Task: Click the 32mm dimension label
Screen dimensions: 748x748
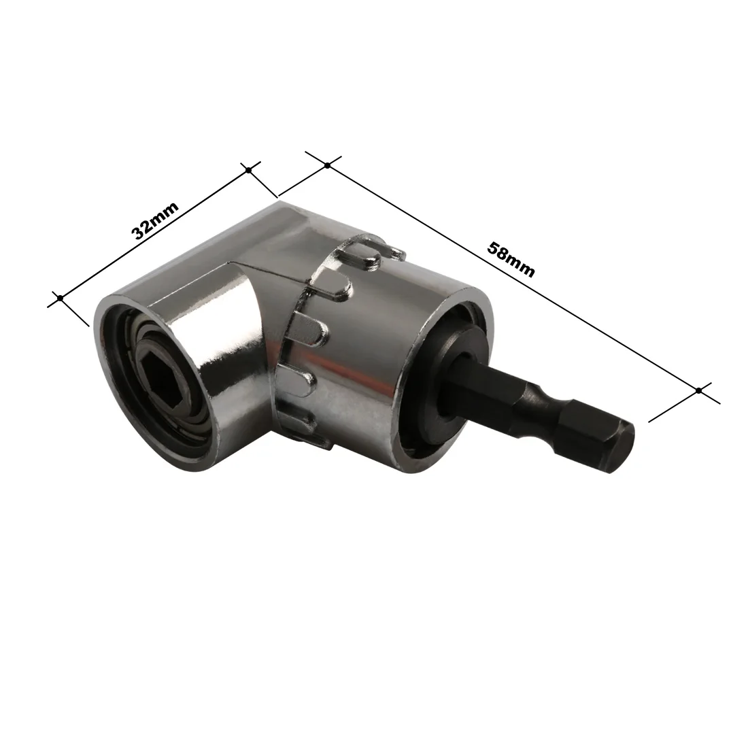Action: (x=154, y=220)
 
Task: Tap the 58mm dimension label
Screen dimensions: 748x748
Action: (x=511, y=260)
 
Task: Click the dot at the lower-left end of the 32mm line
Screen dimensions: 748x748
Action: (x=60, y=298)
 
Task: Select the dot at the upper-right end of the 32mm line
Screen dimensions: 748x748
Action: (x=248, y=170)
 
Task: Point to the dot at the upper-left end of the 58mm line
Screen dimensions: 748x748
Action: (x=327, y=165)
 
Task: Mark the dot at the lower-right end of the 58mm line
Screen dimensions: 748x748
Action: (x=698, y=390)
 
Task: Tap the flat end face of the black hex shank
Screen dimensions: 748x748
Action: (x=622, y=445)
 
